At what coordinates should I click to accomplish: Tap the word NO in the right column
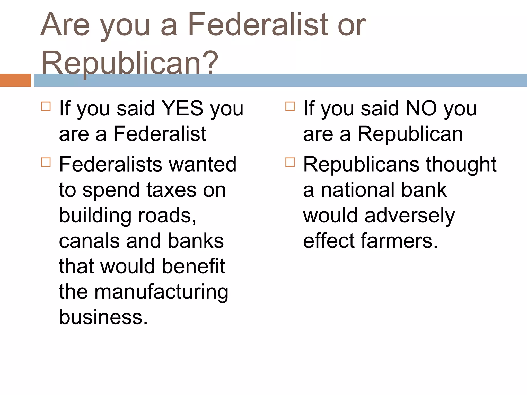(421, 109)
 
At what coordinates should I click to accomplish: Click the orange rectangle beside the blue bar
(15, 80)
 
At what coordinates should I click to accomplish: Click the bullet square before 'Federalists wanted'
(46, 162)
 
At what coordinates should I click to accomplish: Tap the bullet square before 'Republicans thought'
(290, 162)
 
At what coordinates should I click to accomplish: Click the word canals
(89, 241)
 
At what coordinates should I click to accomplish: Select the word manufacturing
(161, 292)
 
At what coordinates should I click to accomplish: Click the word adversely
(410, 216)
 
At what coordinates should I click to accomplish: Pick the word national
(358, 190)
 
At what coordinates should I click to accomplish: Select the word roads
(167, 216)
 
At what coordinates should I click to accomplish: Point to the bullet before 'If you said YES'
(46, 106)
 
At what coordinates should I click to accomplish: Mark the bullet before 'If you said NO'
(290, 106)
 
